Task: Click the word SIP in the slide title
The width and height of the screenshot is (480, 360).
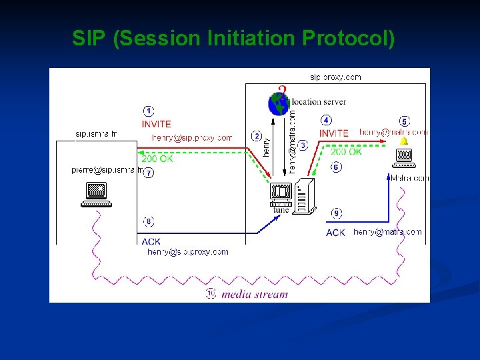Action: pyautogui.click(x=89, y=39)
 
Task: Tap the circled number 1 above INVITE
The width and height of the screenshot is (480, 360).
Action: pyautogui.click(x=149, y=111)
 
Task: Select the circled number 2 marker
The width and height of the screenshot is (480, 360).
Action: pyautogui.click(x=256, y=136)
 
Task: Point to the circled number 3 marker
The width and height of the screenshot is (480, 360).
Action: pyautogui.click(x=303, y=145)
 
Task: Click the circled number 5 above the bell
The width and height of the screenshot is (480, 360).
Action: pyautogui.click(x=403, y=121)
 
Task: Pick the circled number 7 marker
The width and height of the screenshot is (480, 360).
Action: pyautogui.click(x=149, y=173)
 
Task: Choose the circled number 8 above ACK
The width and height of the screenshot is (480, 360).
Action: pyautogui.click(x=149, y=221)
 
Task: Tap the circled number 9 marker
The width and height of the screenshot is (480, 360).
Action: pyautogui.click(x=337, y=213)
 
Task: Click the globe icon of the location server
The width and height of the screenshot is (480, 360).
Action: pyautogui.click(x=278, y=104)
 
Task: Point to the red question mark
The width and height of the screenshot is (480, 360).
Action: pyautogui.click(x=283, y=91)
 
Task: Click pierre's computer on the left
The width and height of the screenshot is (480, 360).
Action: pyautogui.click(x=97, y=194)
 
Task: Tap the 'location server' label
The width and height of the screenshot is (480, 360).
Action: pyautogui.click(x=319, y=102)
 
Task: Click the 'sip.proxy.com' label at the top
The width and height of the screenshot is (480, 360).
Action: pyautogui.click(x=336, y=77)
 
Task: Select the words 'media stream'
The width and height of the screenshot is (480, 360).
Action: pyautogui.click(x=255, y=294)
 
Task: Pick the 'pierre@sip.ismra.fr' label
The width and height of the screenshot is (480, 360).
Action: pyautogui.click(x=105, y=171)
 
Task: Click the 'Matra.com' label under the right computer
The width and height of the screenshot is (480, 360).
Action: pyautogui.click(x=410, y=178)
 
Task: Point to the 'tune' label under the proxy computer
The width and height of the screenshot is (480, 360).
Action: pyautogui.click(x=281, y=209)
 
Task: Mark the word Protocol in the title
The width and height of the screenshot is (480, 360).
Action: pyautogui.click(x=348, y=39)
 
